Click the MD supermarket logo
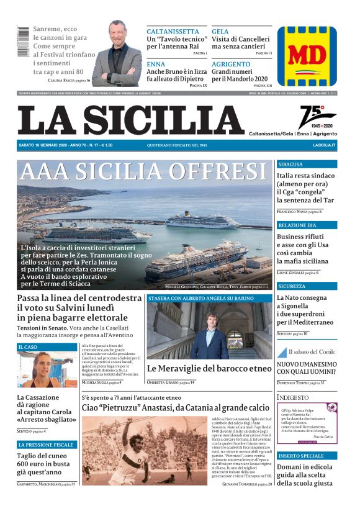[307, 57]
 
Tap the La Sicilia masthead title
[130, 120]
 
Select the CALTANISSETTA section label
[173, 31]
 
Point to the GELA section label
[220, 31]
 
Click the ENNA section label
[156, 64]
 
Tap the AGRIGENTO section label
[231, 64]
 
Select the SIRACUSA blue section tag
[290, 165]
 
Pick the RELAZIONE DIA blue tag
[297, 225]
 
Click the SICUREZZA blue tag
[292, 286]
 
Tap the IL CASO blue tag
[28, 347]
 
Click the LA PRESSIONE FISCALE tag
[47, 445]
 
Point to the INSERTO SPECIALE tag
[302, 455]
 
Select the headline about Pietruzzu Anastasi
[176, 408]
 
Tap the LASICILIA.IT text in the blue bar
[324, 145]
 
